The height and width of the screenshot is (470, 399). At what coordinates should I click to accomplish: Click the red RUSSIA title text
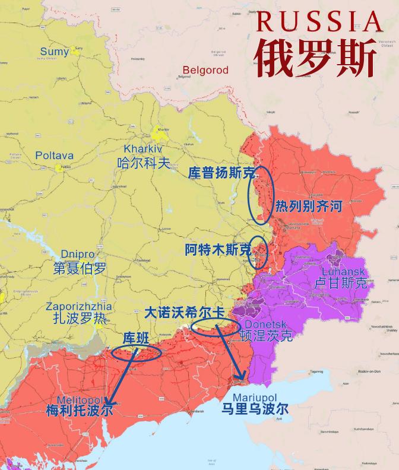pos(319,22)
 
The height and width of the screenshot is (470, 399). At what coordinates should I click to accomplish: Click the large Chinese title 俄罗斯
pos(316,58)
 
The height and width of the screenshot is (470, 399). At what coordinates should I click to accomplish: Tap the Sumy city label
pos(55,52)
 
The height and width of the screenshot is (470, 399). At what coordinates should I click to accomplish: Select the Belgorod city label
pos(205,70)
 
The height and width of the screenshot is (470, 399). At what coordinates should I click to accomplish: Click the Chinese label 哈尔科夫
pos(144,163)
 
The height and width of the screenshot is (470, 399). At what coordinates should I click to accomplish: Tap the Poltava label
pos(54,155)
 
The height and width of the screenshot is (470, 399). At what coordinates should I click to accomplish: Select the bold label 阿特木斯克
pos(217,250)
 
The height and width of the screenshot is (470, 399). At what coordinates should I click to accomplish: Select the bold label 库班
pos(135,338)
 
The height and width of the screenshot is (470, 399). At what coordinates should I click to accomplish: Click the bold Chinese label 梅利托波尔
pos(79,410)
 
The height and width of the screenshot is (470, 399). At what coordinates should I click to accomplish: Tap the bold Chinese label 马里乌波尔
pos(255,409)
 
